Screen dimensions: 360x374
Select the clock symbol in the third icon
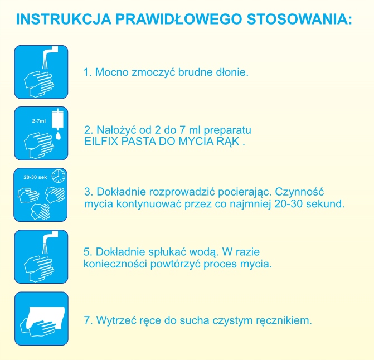(x=58, y=177)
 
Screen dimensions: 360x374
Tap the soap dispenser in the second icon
(x=57, y=121)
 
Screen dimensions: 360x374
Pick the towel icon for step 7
(x=41, y=319)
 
